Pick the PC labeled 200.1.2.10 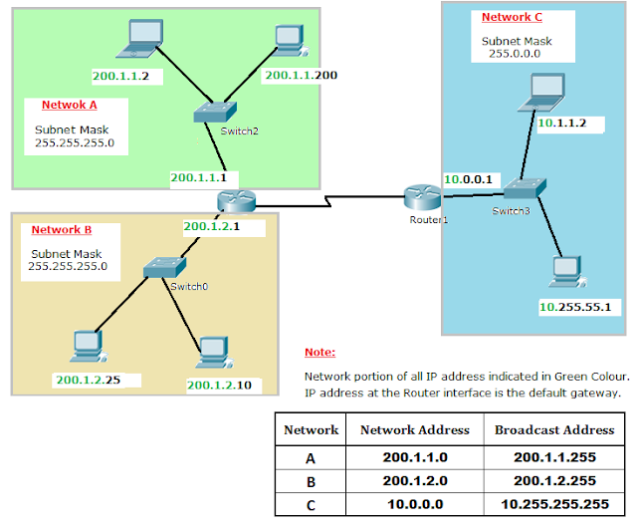[x=211, y=352]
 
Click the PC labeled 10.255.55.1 [x=565, y=272]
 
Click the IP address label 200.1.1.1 [x=199, y=177]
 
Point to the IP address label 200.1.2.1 [x=211, y=226]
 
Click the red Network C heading [x=512, y=17]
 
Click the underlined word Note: [x=319, y=353]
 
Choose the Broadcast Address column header [x=553, y=430]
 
